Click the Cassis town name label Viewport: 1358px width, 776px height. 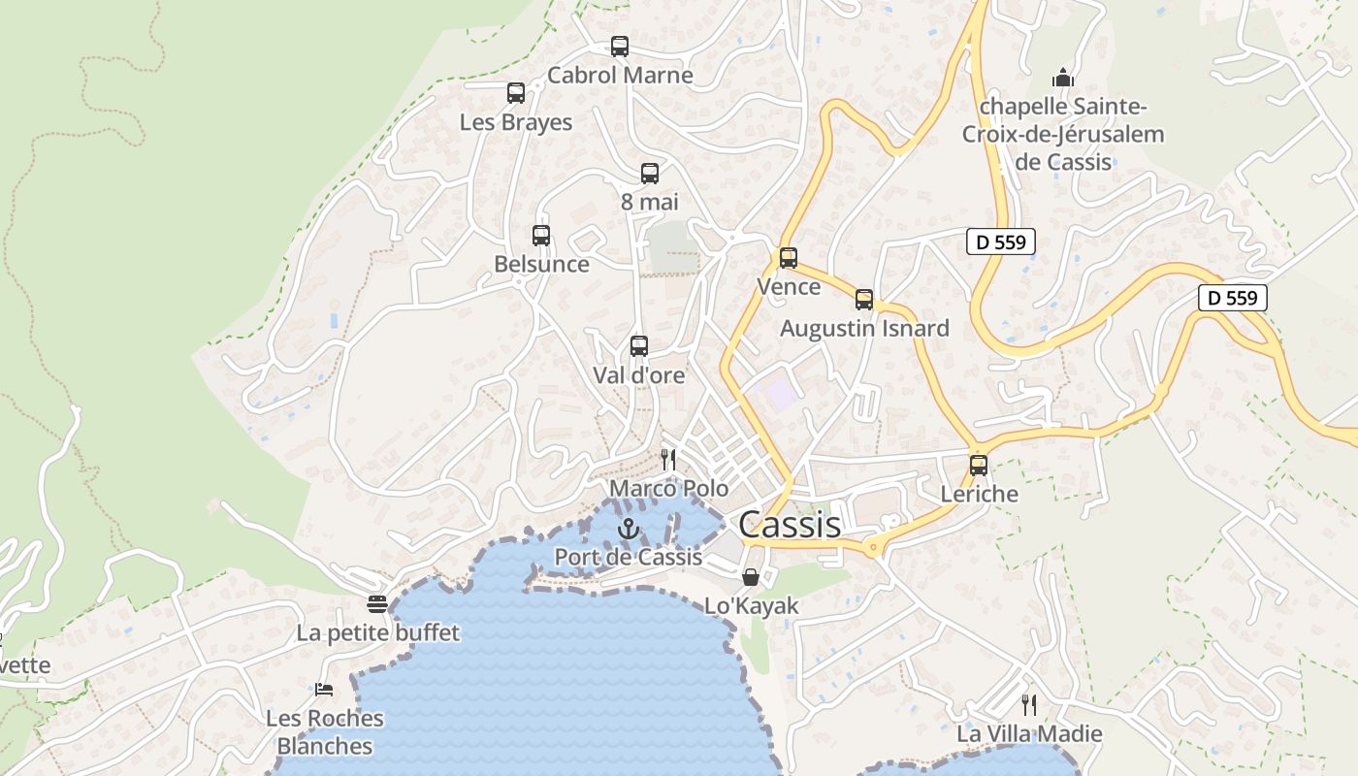[789, 525]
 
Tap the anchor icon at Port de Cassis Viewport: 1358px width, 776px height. [629, 530]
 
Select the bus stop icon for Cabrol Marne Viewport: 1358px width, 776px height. [620, 46]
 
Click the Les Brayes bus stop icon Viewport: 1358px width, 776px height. [516, 93]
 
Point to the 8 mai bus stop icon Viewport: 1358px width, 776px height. [650, 174]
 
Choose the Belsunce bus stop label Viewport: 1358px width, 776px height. [541, 264]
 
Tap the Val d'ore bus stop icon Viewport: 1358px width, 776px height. [639, 346]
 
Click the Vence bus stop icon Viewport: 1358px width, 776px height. [789, 258]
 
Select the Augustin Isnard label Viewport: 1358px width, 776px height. [864, 328]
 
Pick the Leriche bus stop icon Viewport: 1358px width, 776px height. [979, 466]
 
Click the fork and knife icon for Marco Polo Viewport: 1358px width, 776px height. [668, 459]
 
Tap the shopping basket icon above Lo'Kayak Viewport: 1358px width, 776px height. [751, 578]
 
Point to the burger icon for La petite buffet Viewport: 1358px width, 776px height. [377, 604]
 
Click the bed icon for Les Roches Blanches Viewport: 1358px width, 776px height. [324, 690]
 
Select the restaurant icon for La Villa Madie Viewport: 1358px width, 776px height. [1029, 704]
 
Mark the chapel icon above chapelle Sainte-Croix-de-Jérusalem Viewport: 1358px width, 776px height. [1063, 78]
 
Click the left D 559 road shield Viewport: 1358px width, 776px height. [1000, 242]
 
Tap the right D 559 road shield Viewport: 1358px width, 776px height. [1233, 298]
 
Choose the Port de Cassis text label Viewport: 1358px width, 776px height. [628, 557]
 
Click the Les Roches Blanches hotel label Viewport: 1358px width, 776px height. [325, 732]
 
